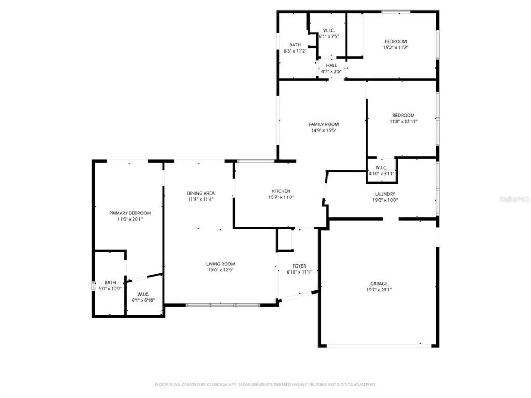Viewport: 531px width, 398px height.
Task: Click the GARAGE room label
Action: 379,283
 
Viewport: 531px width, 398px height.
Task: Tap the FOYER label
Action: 299,266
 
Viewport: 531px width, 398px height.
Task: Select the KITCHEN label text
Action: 280,191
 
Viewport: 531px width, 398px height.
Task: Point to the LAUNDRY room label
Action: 385,194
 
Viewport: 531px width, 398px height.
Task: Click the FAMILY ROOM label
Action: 324,124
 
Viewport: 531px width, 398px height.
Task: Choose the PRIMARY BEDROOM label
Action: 130,213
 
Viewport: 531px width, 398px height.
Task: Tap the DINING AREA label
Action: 200,193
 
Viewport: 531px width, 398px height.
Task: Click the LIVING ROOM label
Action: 221,264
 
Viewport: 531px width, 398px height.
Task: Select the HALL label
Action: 331,65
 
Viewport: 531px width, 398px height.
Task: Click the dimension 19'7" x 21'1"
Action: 379,290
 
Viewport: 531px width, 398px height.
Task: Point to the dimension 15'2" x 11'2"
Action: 395,48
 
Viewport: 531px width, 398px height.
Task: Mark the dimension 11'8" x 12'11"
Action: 403,122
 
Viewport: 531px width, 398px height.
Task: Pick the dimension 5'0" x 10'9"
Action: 110,289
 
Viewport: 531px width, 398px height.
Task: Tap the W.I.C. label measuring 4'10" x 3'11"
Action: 381,167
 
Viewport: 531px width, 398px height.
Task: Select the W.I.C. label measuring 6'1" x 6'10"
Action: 143,294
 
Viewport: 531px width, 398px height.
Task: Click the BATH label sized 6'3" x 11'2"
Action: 295,45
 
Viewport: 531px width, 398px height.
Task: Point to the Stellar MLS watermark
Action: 514,197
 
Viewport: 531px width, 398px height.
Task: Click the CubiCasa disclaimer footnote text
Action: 265,384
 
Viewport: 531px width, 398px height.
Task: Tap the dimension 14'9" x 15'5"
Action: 324,131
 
